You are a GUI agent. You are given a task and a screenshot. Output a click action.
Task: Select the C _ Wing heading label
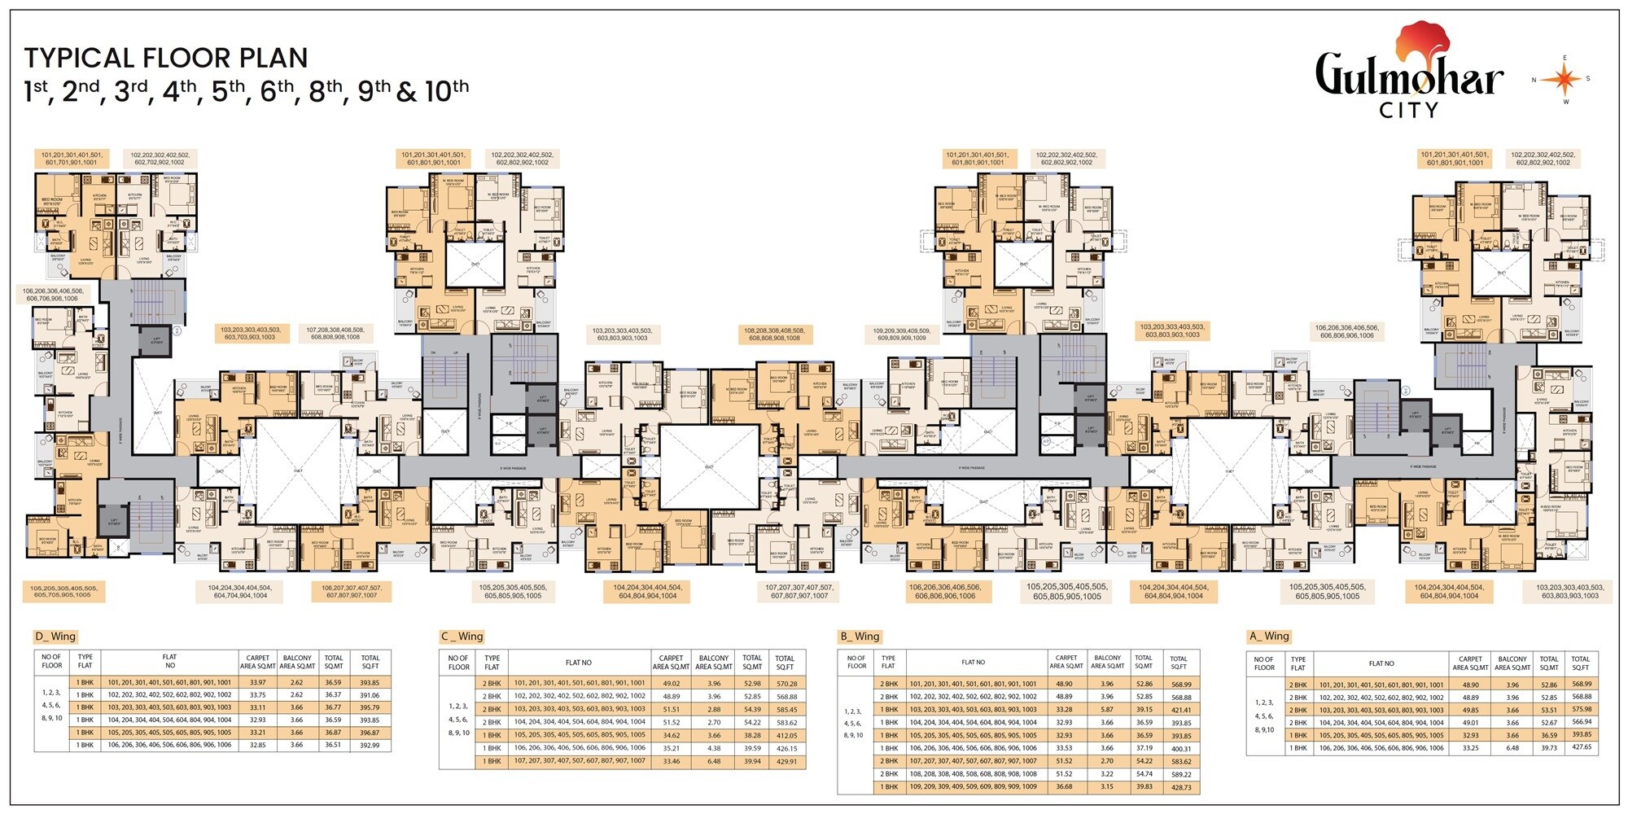[x=462, y=637]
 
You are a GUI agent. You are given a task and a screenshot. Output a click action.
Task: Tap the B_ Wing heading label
[x=861, y=637]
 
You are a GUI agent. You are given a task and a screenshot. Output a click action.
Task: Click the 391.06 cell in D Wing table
[x=370, y=695]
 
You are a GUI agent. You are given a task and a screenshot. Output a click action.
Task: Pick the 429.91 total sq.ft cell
[x=785, y=761]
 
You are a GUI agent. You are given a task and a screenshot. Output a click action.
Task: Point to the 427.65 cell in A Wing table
[x=1581, y=746]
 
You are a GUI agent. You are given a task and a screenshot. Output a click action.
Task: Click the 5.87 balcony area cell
[x=1107, y=709]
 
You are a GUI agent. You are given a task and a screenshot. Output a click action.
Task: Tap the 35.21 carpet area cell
[x=671, y=748]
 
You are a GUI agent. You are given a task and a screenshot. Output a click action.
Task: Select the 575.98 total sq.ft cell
[x=1581, y=709]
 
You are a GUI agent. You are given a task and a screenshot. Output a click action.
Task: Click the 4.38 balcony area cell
[x=714, y=748]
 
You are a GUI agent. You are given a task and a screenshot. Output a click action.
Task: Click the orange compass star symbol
[x=1560, y=80]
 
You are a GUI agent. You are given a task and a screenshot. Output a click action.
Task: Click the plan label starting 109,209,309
[x=902, y=335]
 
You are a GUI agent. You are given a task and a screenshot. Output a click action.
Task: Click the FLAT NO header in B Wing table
[x=973, y=663]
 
